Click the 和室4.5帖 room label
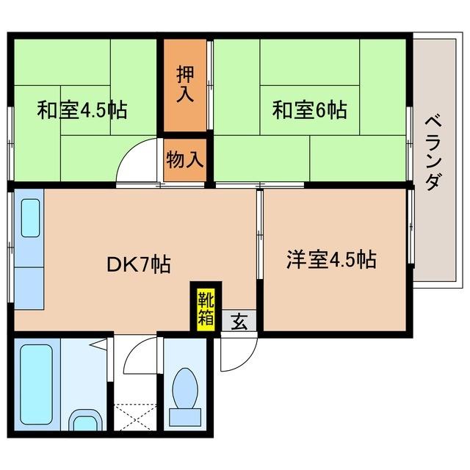pos(82,111)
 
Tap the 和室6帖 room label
pos(309,111)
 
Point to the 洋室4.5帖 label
pos(331,259)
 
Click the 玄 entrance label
pos(239,321)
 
